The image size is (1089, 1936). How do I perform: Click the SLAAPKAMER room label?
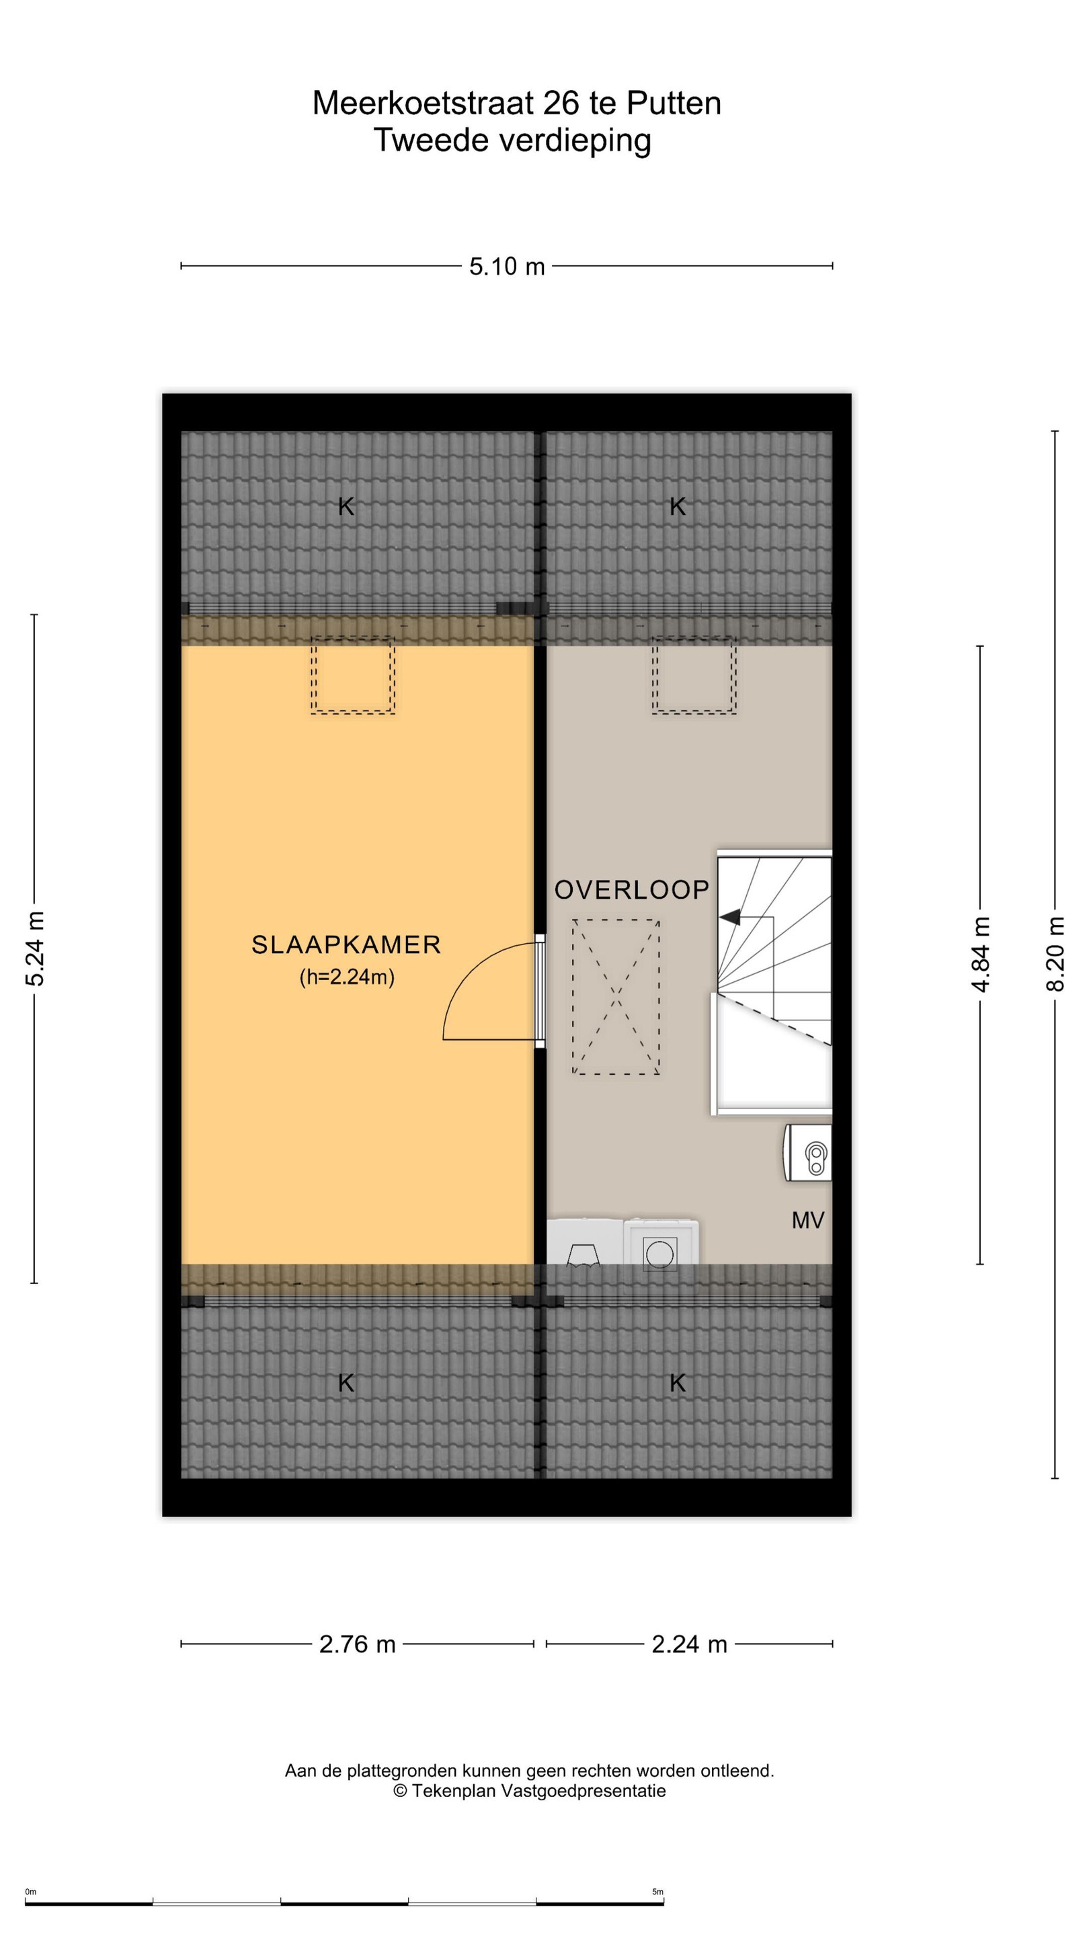click(x=346, y=944)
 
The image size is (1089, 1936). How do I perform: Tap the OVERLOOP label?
click(x=631, y=890)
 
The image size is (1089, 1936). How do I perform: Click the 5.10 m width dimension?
click(x=507, y=266)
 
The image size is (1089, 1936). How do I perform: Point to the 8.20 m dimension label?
click(x=1055, y=954)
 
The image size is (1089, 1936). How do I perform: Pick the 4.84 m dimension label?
click(x=980, y=955)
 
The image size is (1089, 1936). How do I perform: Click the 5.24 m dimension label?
click(x=34, y=949)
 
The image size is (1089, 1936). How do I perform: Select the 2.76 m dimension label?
click(x=357, y=1644)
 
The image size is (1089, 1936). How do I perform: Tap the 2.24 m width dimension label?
click(x=689, y=1644)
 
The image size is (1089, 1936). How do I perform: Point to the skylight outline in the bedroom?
click(x=352, y=674)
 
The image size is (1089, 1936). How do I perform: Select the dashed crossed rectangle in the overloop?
click(x=616, y=996)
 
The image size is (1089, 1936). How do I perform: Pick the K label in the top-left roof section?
click(x=346, y=507)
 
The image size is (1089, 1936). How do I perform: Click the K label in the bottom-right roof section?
click(x=677, y=1383)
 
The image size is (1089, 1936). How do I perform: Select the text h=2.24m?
click(x=346, y=976)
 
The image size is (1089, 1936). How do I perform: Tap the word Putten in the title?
click(x=674, y=103)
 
